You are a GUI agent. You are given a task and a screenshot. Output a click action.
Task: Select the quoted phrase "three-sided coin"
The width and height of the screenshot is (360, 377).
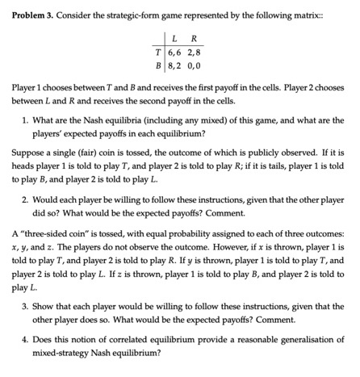(51, 233)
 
